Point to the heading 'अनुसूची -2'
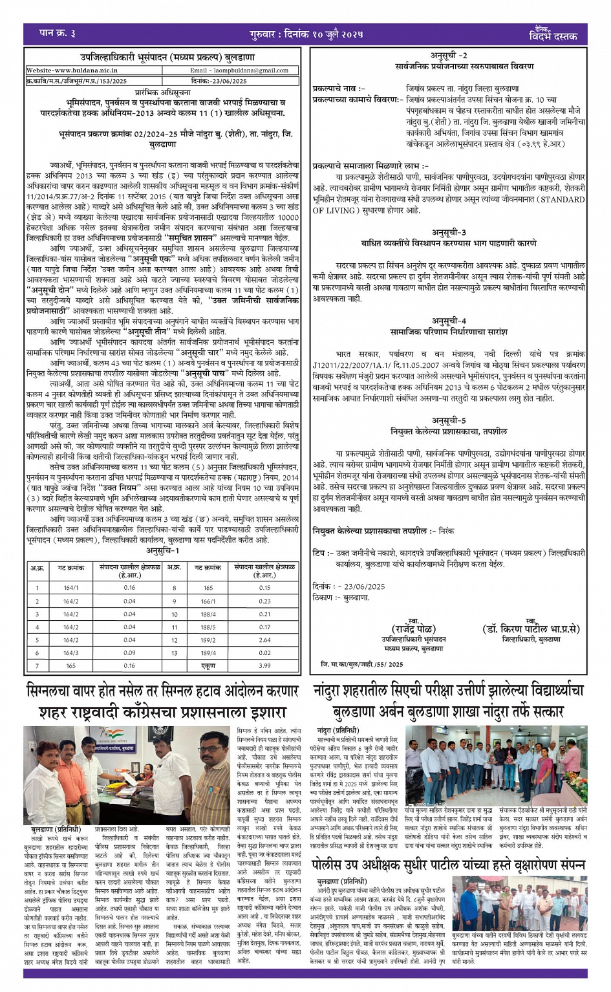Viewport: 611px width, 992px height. [x=449, y=56]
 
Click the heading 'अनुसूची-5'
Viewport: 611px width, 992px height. [x=449, y=420]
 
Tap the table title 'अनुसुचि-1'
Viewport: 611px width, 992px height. [x=162, y=550]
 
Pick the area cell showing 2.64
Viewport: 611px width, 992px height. [x=264, y=640]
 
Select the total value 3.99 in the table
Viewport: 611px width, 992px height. [x=264, y=666]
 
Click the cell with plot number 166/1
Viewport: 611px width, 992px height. [x=208, y=601]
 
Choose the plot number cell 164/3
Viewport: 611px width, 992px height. [x=71, y=653]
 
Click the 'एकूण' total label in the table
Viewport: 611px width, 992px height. [x=208, y=666]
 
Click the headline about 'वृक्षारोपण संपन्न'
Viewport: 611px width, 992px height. [x=449, y=865]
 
